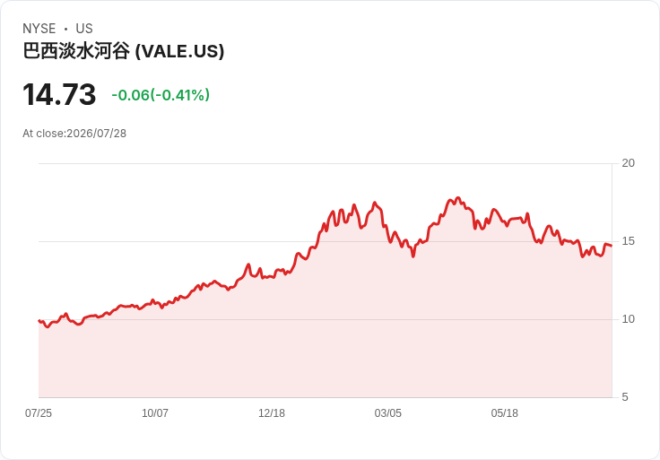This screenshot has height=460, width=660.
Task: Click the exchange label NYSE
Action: [39, 29]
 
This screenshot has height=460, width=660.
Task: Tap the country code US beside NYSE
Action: [84, 29]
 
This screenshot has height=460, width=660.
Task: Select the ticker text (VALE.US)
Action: [179, 51]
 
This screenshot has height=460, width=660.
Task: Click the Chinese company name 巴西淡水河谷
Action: [76, 51]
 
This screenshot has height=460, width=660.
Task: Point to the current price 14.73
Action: [59, 94]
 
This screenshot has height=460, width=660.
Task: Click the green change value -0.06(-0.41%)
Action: [161, 95]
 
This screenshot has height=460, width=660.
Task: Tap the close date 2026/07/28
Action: [96, 134]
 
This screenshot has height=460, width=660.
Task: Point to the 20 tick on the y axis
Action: [628, 163]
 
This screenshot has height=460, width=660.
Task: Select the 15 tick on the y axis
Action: [628, 241]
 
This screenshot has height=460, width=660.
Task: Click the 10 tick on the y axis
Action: [628, 319]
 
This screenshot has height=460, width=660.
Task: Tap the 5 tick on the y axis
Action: [625, 397]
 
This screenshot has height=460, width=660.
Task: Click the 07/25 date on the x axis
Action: [39, 413]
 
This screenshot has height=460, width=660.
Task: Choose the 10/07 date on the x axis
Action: [155, 413]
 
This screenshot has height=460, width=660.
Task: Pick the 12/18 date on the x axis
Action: [272, 413]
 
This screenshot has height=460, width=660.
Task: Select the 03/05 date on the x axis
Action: [388, 413]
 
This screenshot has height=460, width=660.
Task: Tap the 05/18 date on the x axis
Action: [504, 413]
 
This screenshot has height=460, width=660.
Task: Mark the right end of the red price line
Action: [612, 246]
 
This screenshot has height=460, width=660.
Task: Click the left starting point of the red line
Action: [39, 321]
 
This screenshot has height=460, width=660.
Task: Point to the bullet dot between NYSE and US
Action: [65, 29]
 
